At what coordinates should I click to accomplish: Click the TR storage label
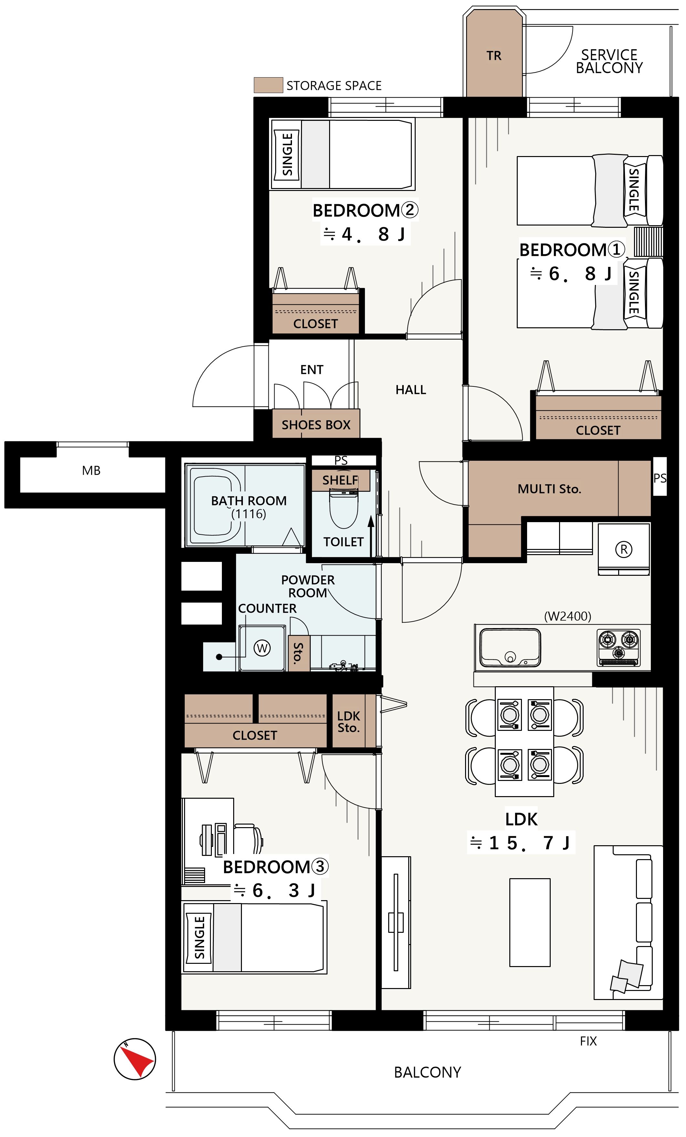pyautogui.click(x=493, y=56)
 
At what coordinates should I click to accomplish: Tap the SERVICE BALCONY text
pyautogui.click(x=608, y=61)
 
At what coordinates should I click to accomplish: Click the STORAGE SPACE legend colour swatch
pyautogui.click(x=268, y=85)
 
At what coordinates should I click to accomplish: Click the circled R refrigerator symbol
pyautogui.click(x=623, y=549)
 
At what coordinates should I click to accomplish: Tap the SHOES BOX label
pyautogui.click(x=316, y=425)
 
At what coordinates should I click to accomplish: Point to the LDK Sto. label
pyautogui.click(x=348, y=722)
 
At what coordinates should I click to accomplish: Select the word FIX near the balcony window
pyautogui.click(x=588, y=1041)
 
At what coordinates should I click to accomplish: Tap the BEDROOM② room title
pyautogui.click(x=365, y=210)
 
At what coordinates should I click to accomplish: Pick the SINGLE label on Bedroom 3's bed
pyautogui.click(x=199, y=938)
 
